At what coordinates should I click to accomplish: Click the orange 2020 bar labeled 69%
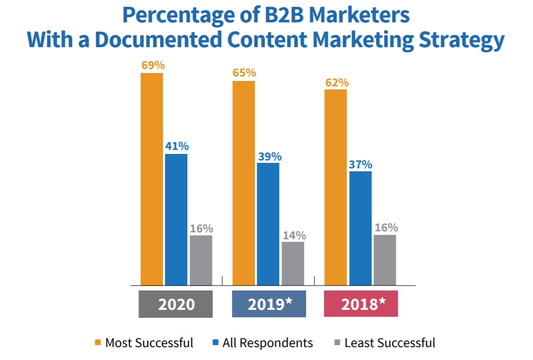pyautogui.click(x=152, y=179)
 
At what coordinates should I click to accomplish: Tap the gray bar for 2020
pyautogui.click(x=201, y=260)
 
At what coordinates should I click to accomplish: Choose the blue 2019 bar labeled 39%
pyautogui.click(x=268, y=224)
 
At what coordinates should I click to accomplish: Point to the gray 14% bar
pyautogui.click(x=293, y=263)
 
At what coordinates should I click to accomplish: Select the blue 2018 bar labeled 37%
pyautogui.click(x=360, y=228)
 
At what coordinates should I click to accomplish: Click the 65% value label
pyautogui.click(x=244, y=73)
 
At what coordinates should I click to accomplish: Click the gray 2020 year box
pyautogui.click(x=176, y=304)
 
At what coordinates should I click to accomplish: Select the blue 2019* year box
pyautogui.click(x=269, y=304)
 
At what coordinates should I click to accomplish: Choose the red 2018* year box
pyautogui.click(x=361, y=304)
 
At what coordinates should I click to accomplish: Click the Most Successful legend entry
pyautogui.click(x=144, y=343)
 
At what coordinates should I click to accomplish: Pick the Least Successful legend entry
pyautogui.click(x=384, y=343)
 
